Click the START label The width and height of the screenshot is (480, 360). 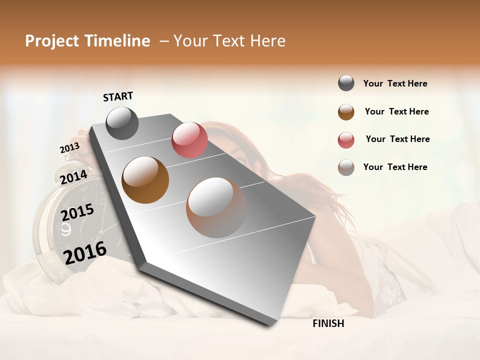(118, 96)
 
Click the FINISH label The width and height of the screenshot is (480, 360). (328, 323)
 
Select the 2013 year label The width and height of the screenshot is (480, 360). (69, 148)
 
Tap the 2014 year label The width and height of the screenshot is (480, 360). (73, 177)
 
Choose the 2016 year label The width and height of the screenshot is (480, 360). (85, 252)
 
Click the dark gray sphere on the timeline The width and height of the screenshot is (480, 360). (122, 123)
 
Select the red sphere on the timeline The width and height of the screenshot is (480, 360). (189, 140)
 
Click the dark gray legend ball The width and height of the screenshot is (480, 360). (346, 83)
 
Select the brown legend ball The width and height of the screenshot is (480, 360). (346, 112)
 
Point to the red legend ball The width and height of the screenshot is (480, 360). (346, 140)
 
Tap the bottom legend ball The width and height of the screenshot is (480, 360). (346, 167)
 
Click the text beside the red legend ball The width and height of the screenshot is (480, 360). (397, 139)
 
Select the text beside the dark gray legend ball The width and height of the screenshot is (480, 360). (395, 83)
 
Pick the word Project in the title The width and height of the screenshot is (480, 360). (52, 41)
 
